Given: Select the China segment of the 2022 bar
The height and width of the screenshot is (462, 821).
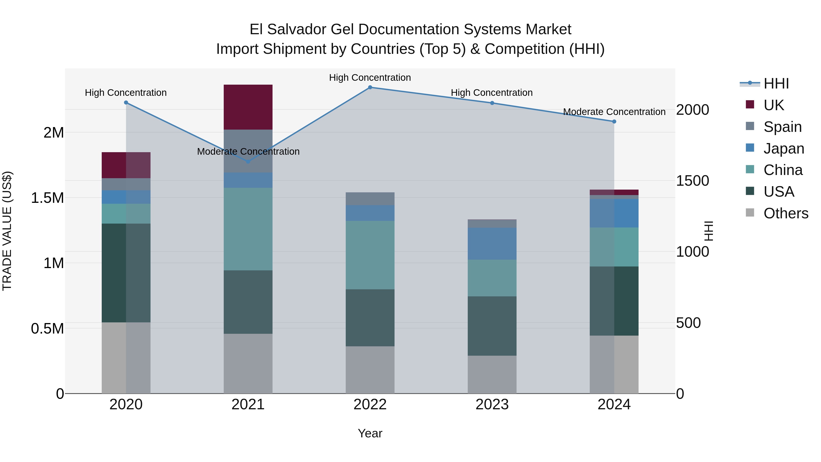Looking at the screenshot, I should click(370, 255).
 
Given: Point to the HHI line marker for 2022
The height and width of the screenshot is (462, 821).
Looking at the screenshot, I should click(370, 87).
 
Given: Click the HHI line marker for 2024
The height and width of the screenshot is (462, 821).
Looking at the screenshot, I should click(614, 121).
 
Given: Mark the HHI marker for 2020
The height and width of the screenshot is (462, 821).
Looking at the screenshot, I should click(126, 103).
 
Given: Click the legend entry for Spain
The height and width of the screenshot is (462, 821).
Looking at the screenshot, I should click(782, 127).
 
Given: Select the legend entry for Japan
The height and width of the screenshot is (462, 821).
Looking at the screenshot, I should click(783, 148).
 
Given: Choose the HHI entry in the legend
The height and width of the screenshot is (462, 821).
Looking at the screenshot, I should click(776, 84).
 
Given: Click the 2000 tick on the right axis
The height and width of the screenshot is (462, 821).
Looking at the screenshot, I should click(692, 110).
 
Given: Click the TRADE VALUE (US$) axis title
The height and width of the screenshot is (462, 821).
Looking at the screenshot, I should click(7, 231).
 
